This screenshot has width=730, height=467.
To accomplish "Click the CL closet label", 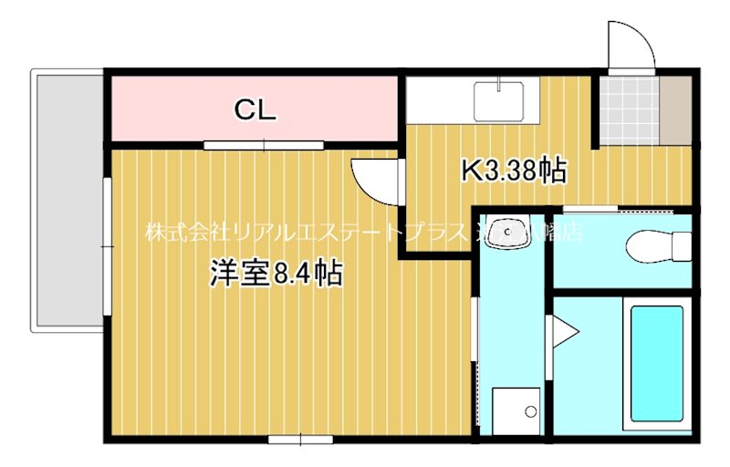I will pyautogui.click(x=255, y=110).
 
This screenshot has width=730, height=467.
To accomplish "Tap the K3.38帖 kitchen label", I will pyautogui.click(x=514, y=170).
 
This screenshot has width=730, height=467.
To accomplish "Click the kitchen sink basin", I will pyautogui.click(x=498, y=99).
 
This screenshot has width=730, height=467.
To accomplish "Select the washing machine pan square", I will pyautogui.click(x=516, y=412).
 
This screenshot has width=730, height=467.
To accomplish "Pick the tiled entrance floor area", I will pyautogui.click(x=629, y=109).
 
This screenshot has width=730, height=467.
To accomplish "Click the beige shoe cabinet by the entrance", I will pyautogui.click(x=677, y=109).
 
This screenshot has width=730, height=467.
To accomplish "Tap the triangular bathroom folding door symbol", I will pyautogui.click(x=561, y=333).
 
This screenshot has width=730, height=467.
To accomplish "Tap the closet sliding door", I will pyautogui.click(x=264, y=144).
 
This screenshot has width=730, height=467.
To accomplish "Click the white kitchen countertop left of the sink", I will pyautogui.click(x=438, y=99).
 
